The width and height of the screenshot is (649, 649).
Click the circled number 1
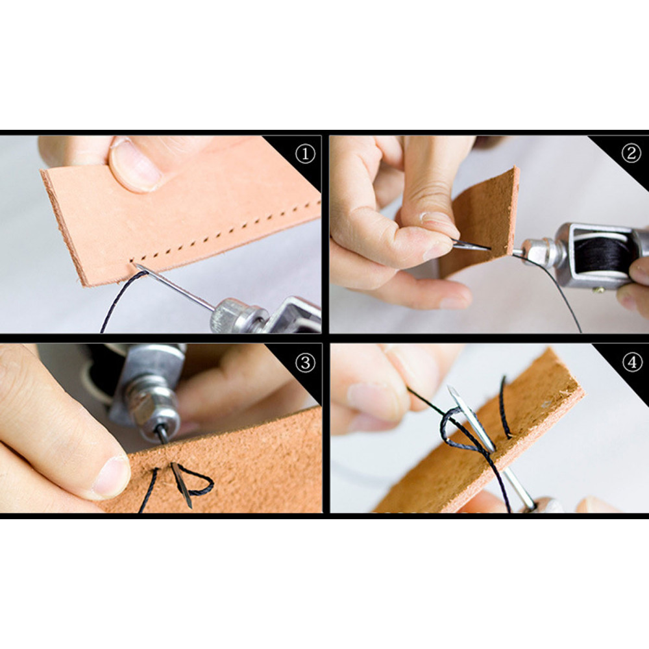click(305, 154)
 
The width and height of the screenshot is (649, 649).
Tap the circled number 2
click(631, 154)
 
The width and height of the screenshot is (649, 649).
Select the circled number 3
click(305, 363)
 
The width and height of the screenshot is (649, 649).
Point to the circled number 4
click(632, 363)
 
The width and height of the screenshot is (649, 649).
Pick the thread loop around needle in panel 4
click(459, 430)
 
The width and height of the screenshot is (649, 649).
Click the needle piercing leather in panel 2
click(471, 245)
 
